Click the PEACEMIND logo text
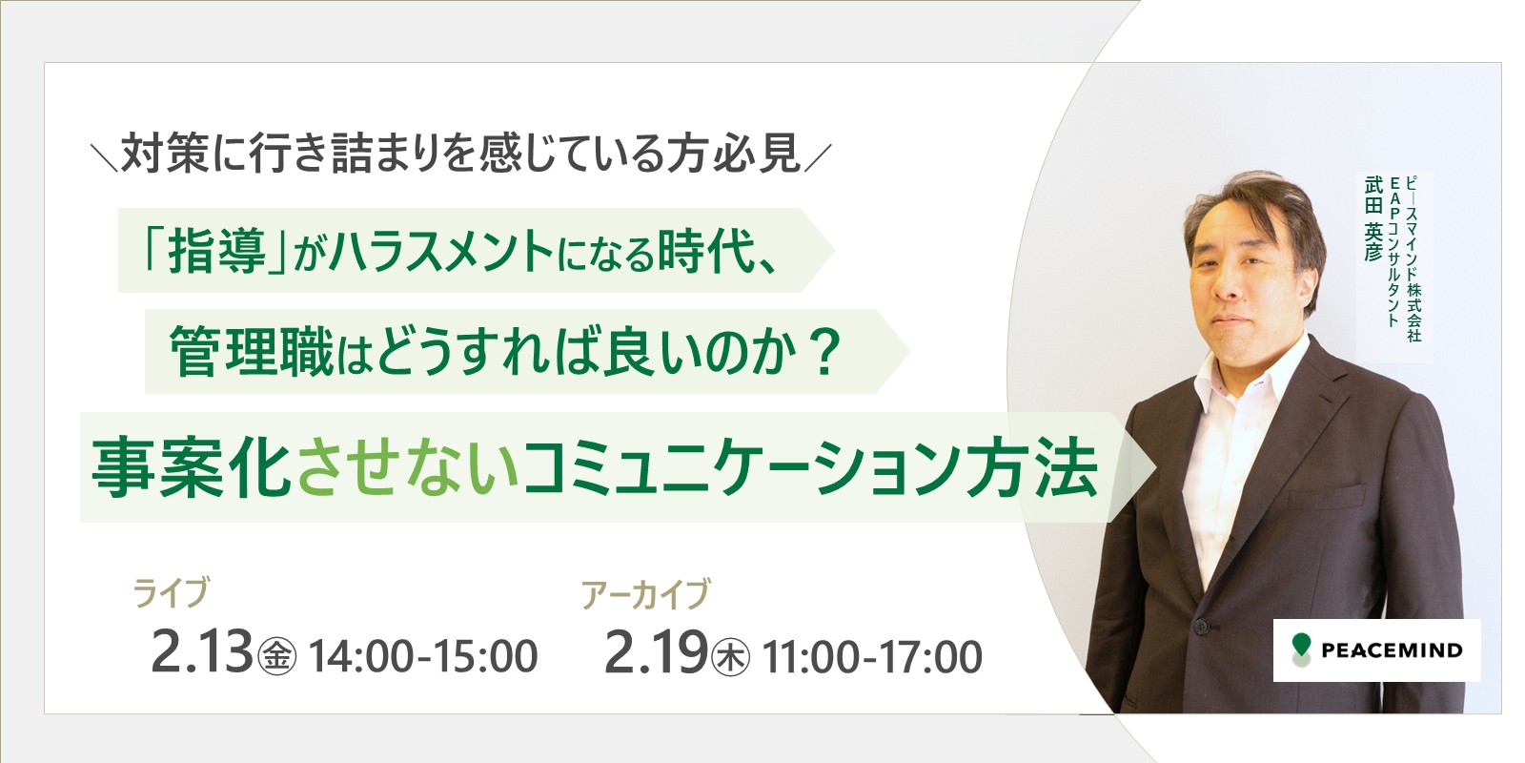point(1392,650)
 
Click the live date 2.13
point(201,652)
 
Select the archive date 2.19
point(657,652)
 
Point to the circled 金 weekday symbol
point(277,657)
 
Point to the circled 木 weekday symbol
point(730,657)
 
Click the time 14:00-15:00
point(423,656)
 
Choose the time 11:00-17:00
point(872,656)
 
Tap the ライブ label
point(172,591)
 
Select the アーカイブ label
point(645,592)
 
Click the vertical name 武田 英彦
point(1373,218)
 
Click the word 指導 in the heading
point(217,252)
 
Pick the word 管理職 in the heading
point(252,352)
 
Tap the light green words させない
point(408,468)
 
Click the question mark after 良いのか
point(824,352)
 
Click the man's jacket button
point(1201,625)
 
